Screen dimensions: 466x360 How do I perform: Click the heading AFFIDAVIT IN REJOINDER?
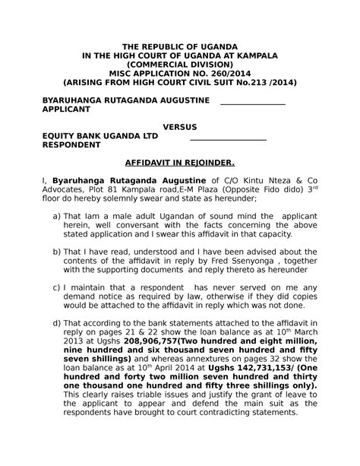pyautogui.click(x=180, y=163)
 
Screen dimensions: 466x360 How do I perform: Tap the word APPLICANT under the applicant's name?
pyautogui.click(x=70, y=110)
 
